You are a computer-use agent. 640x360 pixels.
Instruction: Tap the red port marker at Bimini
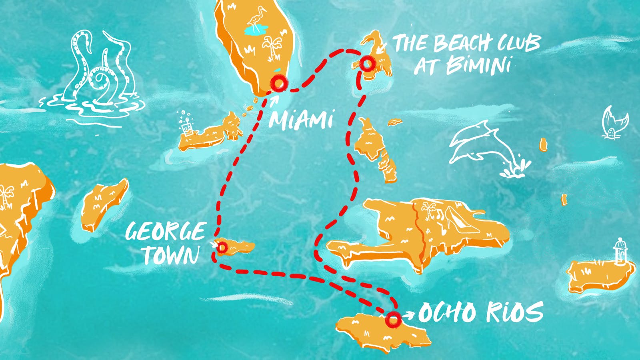coord(367,64)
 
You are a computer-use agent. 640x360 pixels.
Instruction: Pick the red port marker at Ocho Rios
coord(393,319)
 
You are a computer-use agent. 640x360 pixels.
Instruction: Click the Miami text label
coord(301,119)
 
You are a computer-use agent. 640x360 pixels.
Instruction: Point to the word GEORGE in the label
coord(165,232)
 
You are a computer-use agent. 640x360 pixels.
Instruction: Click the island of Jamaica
coord(380,332)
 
